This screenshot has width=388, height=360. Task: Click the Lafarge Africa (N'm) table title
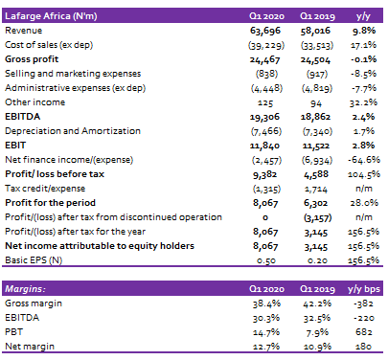[x=51, y=16]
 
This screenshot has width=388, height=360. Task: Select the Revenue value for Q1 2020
[x=265, y=31]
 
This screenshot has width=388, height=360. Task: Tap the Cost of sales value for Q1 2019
[x=317, y=45]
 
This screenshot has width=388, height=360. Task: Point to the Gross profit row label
[x=32, y=59]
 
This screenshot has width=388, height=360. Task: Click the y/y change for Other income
[x=363, y=102]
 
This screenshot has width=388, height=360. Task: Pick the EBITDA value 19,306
[x=264, y=117]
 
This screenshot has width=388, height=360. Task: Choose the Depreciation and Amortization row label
[x=73, y=131]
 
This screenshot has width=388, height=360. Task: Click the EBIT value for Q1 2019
[x=316, y=146]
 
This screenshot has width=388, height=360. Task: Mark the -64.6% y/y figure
[x=364, y=160]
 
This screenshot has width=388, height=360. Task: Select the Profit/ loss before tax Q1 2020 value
[x=265, y=174]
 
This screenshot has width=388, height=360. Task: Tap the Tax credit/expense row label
[x=45, y=189]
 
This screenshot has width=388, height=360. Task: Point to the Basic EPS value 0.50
[x=266, y=260]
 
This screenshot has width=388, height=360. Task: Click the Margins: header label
[x=25, y=289]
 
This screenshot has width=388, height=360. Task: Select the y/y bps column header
[x=364, y=289]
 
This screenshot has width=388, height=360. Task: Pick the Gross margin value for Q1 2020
[x=266, y=304]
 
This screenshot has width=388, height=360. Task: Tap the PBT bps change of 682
[x=364, y=332]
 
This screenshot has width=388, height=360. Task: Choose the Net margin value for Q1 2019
[x=317, y=347]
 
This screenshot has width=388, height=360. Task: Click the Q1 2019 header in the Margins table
[x=317, y=289]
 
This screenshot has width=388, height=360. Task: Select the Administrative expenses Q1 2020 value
[x=266, y=88]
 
